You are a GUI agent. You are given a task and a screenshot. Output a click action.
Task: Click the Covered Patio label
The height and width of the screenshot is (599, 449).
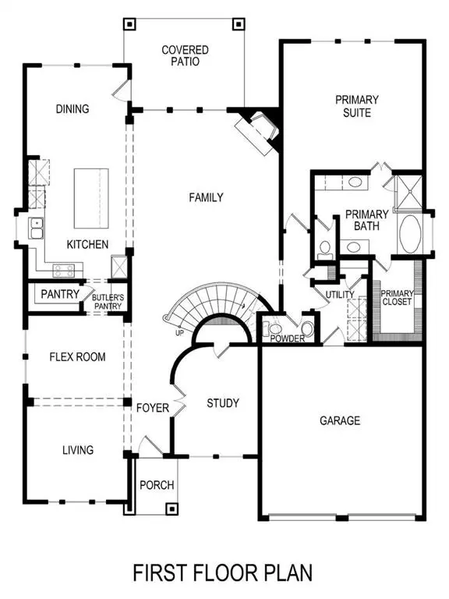click(x=185, y=56)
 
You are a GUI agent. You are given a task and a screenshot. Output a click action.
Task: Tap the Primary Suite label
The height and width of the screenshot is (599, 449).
click(x=357, y=106)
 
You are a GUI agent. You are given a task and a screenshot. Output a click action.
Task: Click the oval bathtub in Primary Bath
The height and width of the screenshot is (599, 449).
click(x=410, y=233)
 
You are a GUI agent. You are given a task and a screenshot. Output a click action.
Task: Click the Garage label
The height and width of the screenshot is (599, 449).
click(x=340, y=420)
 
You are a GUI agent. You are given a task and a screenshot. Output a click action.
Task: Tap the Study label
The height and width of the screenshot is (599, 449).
click(x=222, y=403)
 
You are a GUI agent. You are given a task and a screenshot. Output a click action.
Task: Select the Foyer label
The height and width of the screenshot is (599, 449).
click(x=153, y=408)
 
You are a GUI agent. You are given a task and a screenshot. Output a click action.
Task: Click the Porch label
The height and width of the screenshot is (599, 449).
click(x=156, y=485)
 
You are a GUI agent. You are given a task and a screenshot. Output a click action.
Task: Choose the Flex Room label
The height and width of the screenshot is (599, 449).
click(x=77, y=357)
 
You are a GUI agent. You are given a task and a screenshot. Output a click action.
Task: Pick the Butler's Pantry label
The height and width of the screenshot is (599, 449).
click(x=108, y=301)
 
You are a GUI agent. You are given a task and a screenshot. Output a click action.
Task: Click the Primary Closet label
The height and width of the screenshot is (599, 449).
click(x=397, y=299)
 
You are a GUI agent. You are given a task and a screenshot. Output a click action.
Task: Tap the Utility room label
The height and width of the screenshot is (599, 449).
click(x=341, y=294)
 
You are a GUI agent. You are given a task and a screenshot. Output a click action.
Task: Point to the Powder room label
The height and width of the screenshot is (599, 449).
click(x=286, y=338)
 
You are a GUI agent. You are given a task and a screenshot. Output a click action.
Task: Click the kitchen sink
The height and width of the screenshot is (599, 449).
click(x=36, y=229)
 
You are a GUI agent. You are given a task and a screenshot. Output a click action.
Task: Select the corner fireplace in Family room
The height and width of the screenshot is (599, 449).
click(x=260, y=127)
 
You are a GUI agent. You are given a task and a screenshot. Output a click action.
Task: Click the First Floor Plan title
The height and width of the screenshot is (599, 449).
click(x=224, y=573)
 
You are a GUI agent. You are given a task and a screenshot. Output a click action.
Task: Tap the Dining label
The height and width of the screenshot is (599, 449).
click(x=72, y=109)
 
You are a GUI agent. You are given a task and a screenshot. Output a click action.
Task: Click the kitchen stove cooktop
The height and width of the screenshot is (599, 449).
click(x=62, y=270)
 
